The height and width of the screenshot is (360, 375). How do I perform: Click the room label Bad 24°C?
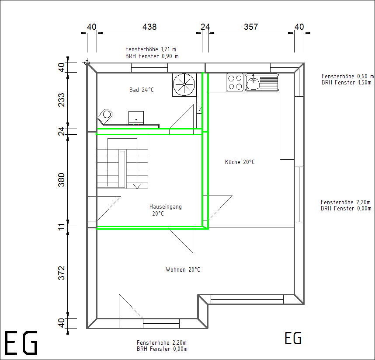pos(141,90)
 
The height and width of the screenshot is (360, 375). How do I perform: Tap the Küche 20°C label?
pos(240,162)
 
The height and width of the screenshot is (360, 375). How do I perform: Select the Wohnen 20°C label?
pos(183,269)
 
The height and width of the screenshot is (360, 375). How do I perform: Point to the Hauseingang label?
pos(166,207)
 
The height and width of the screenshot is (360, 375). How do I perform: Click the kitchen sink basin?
pos(253,83)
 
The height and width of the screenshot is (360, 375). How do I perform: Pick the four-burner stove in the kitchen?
pos(235,83)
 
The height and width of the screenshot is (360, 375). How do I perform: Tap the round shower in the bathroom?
pos(184,84)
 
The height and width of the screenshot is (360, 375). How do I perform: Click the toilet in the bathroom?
pos(105,116)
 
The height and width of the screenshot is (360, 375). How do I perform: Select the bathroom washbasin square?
pos(136,118)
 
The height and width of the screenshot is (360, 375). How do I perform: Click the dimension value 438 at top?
pos(149,27)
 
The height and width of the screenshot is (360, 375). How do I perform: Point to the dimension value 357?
pos(251,27)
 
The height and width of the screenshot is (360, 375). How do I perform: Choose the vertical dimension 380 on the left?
pos(62,180)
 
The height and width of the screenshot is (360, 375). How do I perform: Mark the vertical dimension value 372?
pos(62,273)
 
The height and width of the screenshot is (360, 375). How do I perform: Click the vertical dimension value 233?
pos(62,100)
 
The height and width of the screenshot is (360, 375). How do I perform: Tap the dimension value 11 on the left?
pos(62,227)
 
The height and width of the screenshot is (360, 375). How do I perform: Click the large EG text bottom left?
pos(21,343)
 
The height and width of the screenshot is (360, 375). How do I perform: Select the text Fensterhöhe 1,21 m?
pos(151,49)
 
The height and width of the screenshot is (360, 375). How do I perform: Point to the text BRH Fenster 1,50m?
pos(346,83)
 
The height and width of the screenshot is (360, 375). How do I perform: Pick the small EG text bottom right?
pos(293,339)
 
